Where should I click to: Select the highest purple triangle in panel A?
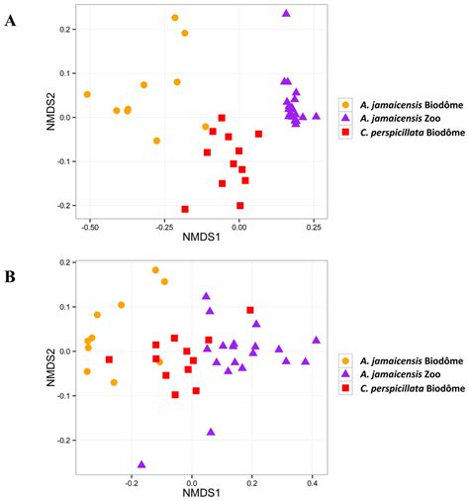(x=286, y=14)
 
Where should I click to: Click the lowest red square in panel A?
(x=185, y=209)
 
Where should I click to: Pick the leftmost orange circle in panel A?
(x=87, y=94)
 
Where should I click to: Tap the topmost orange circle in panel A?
(x=175, y=18)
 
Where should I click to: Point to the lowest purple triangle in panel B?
(x=141, y=463)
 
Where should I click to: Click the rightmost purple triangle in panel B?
(x=316, y=340)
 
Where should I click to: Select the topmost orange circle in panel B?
(x=155, y=269)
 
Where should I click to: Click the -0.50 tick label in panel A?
(x=89, y=226)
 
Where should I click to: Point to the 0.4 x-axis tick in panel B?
(x=313, y=484)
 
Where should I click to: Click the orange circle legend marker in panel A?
(x=344, y=103)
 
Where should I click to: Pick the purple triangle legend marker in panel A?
(x=344, y=117)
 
